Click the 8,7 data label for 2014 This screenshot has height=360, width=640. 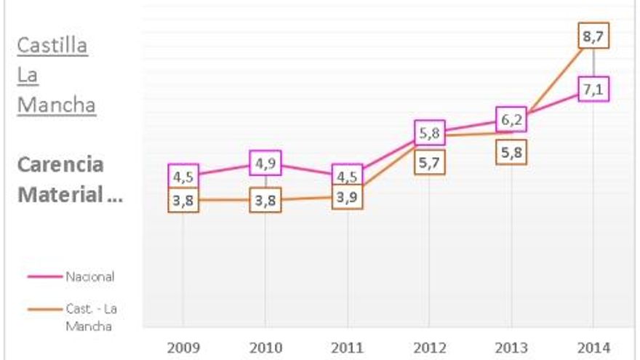[594, 35]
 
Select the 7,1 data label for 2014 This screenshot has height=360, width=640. [594, 89]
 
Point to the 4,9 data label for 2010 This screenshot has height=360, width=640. [265, 163]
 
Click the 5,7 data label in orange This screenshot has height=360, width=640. [429, 163]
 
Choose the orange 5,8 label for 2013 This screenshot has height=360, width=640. [511, 152]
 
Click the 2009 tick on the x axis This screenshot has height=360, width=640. [183, 348]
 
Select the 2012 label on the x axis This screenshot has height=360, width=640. [429, 348]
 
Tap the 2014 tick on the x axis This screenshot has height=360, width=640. [594, 348]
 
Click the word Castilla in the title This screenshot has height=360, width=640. [52, 46]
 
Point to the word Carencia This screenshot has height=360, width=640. [60, 164]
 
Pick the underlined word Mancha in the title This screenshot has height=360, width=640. [56, 105]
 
